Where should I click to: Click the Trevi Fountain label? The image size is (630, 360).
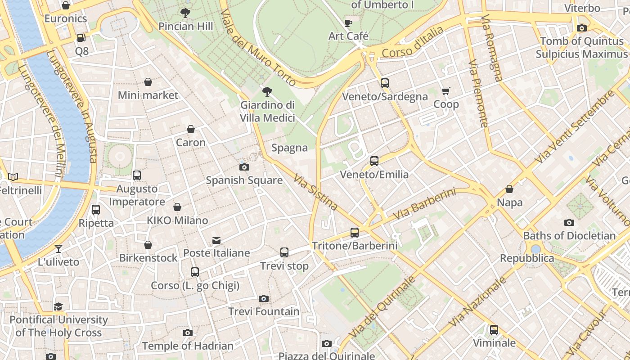(264, 311)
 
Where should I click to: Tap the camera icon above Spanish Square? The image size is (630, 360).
(244, 167)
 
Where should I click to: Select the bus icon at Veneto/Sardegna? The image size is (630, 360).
(384, 83)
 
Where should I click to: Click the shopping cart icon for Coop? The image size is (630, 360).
(446, 91)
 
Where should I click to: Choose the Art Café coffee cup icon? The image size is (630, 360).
(348, 23)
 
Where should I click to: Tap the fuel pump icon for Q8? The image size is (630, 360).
(81, 38)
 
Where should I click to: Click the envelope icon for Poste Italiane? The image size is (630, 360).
(216, 240)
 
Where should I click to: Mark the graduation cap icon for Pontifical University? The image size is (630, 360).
(58, 307)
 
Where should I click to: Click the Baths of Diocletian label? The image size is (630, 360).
(569, 236)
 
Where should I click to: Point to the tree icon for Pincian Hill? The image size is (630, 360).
(185, 13)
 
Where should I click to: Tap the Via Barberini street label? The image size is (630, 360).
(424, 204)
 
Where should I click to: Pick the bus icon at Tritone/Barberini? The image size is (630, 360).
(355, 233)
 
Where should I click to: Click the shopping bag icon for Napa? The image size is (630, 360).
(509, 189)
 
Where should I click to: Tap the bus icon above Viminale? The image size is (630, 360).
(494, 330)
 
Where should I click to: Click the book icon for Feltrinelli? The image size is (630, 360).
(13, 177)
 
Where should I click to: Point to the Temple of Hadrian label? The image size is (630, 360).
(188, 346)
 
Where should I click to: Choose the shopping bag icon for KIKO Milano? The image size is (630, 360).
(177, 207)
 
